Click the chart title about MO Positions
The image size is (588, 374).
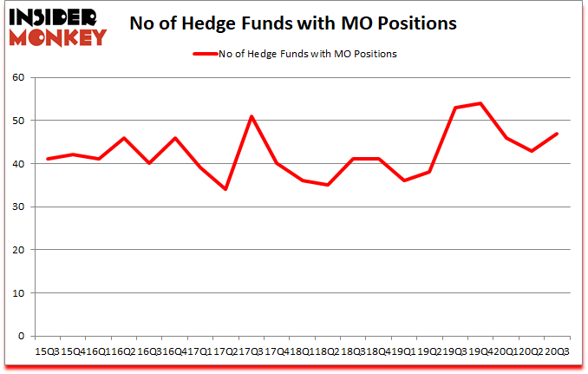tap(292, 24)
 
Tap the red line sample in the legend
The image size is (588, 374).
tap(211, 54)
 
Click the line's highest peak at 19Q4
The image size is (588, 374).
tap(480, 103)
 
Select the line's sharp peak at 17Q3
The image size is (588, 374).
tap(251, 116)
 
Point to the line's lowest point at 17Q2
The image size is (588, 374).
tap(225, 189)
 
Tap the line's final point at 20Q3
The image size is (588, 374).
tap(557, 134)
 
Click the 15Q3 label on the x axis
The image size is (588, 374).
tap(46, 351)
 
